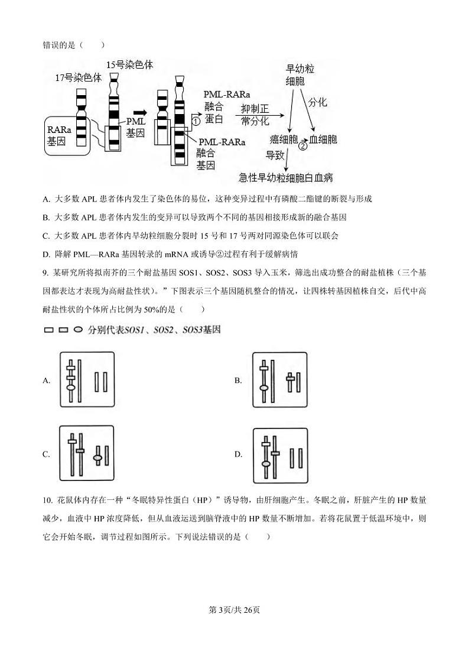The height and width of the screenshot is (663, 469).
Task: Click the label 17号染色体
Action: click(79, 77)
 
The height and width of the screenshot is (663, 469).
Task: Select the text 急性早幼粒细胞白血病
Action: click(286, 177)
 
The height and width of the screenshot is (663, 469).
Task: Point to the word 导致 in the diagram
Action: click(275, 155)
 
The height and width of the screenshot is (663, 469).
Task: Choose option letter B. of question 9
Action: click(238, 381)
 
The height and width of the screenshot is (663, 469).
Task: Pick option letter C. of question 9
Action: click(46, 454)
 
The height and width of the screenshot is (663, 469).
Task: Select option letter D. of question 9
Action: click(239, 454)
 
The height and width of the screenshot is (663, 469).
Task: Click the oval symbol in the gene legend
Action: click(78, 330)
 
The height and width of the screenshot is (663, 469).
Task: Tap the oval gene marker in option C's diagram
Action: click(99, 457)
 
